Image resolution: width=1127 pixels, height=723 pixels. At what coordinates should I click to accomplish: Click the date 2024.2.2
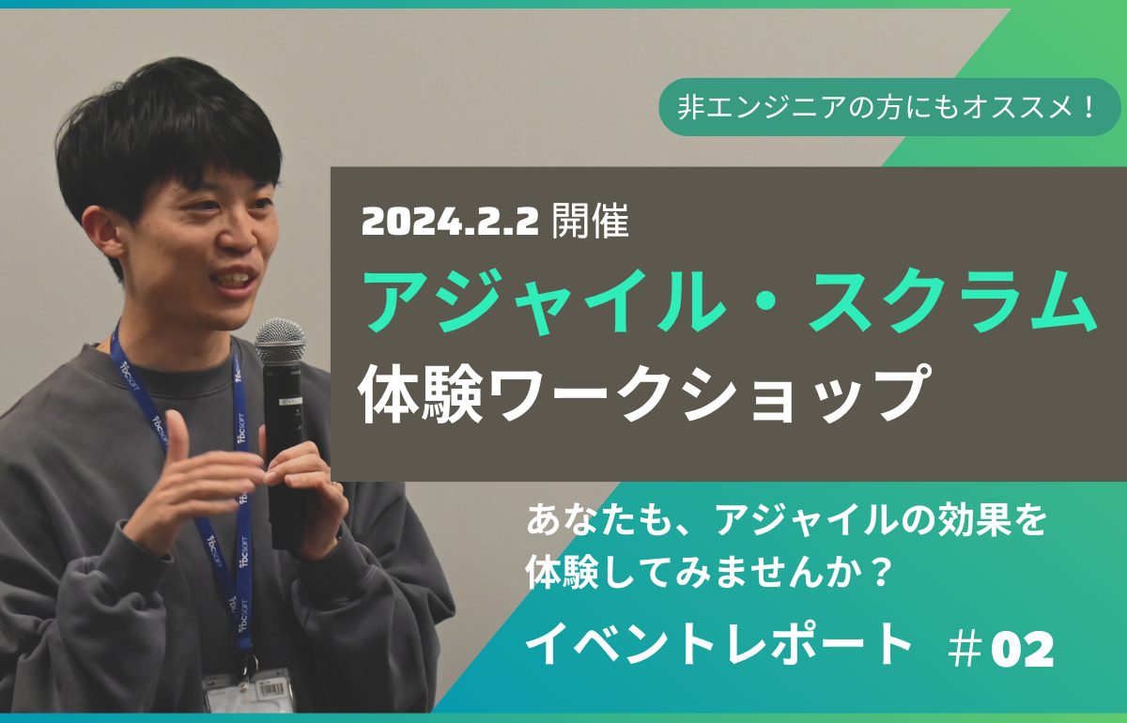[450, 222]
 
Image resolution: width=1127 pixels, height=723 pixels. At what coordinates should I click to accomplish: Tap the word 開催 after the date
[591, 221]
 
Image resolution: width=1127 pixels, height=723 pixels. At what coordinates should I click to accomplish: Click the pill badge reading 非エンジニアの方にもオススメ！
[889, 107]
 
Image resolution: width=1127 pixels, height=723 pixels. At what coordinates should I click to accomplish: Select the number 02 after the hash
[1022, 650]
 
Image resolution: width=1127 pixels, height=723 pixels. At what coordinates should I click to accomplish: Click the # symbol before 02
[965, 650]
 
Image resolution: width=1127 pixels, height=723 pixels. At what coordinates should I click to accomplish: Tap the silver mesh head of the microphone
[280, 340]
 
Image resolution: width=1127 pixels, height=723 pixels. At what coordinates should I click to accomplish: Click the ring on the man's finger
[333, 484]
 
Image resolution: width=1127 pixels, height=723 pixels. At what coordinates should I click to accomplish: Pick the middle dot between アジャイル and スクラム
[766, 302]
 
